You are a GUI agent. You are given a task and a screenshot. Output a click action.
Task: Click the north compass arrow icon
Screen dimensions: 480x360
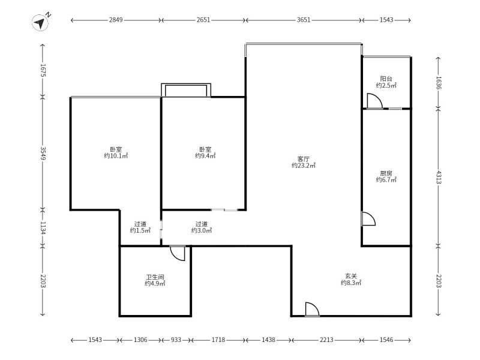[40, 22]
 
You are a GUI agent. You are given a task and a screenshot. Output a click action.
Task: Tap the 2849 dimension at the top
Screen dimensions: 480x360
[116, 20]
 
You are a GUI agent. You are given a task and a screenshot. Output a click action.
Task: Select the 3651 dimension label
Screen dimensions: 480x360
[304, 20]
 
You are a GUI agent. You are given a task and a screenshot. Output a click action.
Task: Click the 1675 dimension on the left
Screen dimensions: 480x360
[43, 70]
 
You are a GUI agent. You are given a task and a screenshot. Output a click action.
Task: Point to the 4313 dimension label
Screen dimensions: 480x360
[439, 177]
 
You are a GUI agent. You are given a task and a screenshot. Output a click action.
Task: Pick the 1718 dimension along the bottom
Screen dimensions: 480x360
[218, 340]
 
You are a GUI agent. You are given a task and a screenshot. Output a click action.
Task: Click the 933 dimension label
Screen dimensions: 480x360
[176, 340]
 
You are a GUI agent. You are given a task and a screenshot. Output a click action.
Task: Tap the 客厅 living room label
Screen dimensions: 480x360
[304, 159]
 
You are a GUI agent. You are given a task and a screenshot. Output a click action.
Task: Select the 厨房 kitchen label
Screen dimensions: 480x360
[386, 173]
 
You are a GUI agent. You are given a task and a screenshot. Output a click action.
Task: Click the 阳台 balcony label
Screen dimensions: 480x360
[386, 79]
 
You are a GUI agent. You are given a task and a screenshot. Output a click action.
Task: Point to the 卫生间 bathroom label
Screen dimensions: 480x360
[155, 277]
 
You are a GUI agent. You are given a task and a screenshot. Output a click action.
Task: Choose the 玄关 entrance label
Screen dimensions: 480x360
[351, 276]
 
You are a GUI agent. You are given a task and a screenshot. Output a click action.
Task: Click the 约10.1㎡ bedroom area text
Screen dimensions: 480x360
[116, 156]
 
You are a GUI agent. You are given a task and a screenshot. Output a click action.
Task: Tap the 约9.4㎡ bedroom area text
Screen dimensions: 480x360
[205, 156]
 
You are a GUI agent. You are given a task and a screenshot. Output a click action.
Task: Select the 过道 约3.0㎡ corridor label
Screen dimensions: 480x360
[202, 227]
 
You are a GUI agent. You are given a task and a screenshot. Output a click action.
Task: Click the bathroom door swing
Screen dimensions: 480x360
[178, 253]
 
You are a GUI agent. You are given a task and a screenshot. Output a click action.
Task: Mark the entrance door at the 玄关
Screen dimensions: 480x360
[312, 309]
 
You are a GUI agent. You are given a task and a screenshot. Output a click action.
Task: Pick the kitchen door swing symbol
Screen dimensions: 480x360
[368, 218]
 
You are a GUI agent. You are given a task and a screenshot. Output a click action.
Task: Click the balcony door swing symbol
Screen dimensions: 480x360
[374, 101]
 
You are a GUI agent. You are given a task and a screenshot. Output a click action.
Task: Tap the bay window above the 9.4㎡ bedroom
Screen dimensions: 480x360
[186, 90]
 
